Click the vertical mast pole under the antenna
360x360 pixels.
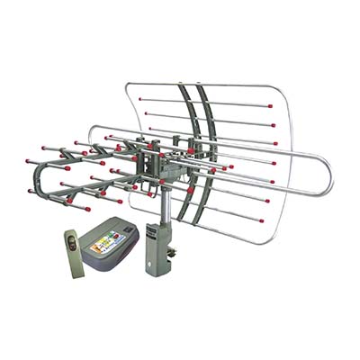point(164,211)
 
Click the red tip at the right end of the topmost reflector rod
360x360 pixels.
point(271,106)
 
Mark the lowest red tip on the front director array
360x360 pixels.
point(87,210)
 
